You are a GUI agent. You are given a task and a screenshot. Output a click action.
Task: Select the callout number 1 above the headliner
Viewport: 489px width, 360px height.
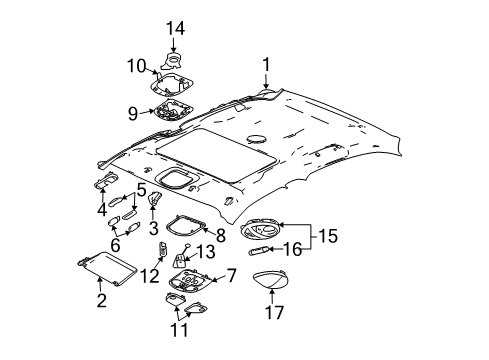click(266, 66)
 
